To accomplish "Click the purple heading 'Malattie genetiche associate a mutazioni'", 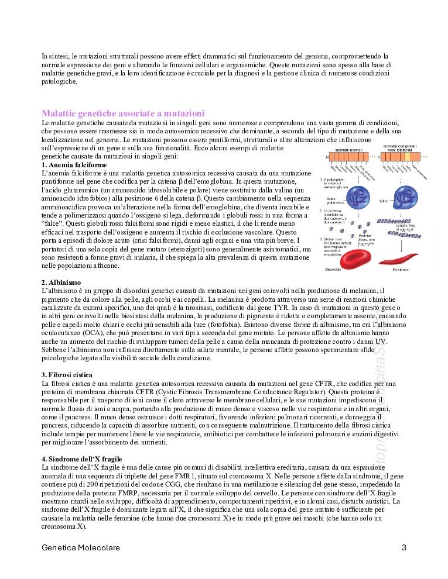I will (x=123, y=113).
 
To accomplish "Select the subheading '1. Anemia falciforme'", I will (x=74, y=165).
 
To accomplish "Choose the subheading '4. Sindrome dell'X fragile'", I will (x=86, y=459).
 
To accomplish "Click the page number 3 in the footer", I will (x=404, y=548).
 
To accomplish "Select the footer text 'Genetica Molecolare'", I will (x=81, y=548).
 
